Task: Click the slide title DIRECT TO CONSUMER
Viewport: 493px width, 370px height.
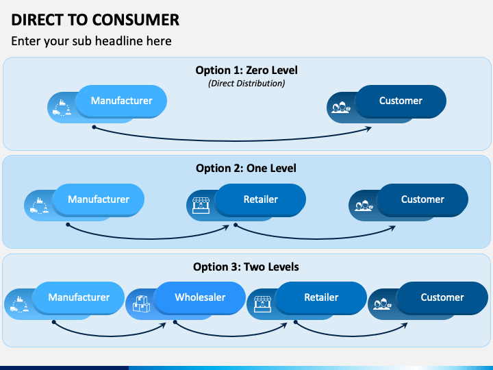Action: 95,20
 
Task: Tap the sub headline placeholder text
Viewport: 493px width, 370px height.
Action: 91,41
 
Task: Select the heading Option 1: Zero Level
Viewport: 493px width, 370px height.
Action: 246,70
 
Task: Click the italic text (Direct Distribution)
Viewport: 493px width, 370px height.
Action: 246,84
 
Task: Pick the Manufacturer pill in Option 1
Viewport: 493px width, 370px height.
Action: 121,101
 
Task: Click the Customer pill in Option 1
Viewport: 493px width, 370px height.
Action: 401,101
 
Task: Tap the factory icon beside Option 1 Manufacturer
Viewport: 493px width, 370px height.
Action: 62,108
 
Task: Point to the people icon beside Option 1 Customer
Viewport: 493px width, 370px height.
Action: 341,108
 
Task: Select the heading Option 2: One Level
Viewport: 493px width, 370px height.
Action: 246,168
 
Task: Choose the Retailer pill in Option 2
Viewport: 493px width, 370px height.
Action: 261,199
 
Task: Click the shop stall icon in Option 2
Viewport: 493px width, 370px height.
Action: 201,206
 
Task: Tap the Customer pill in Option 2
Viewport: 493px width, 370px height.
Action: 422,199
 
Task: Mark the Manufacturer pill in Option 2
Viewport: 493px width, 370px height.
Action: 99,199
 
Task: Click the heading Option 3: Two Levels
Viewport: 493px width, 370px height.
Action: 246,267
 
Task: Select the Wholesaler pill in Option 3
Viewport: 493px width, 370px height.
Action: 200,297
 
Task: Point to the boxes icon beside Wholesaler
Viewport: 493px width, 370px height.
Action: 141,304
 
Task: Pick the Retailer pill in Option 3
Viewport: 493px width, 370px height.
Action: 321,297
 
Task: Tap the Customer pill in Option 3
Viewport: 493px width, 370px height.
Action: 442,297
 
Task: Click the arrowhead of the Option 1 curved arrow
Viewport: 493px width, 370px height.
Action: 368,129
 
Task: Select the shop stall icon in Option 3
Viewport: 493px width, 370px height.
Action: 262,304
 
